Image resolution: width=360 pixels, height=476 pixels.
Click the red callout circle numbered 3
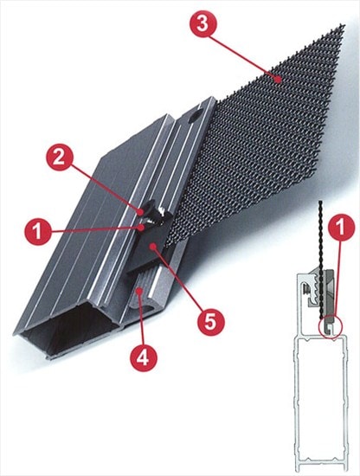pyautogui.click(x=203, y=23)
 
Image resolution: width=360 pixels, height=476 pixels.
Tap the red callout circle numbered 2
pyautogui.click(x=59, y=157)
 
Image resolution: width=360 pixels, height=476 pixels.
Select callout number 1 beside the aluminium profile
pyautogui.click(x=38, y=232)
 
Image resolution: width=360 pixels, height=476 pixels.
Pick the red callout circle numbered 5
pyautogui.click(x=211, y=322)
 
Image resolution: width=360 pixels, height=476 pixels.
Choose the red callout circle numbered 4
pyautogui.click(x=144, y=358)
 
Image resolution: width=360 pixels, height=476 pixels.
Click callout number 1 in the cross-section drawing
pyautogui.click(x=341, y=228)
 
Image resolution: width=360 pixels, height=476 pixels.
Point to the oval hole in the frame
pyautogui.click(x=196, y=117)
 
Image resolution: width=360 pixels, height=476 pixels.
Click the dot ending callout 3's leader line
pyautogui.click(x=277, y=80)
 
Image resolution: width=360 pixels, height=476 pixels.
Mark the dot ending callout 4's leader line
pyautogui.click(x=139, y=292)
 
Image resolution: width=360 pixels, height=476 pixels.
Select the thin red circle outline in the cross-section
pyautogui.click(x=319, y=326)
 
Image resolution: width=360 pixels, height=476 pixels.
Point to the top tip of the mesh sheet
pyautogui.click(x=344, y=24)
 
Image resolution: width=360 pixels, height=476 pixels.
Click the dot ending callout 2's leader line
pyautogui.click(x=141, y=211)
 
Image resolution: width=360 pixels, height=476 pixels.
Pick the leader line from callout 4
pyautogui.click(x=141, y=318)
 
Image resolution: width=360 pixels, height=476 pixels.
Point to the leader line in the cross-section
pyautogui.click(x=336, y=279)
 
